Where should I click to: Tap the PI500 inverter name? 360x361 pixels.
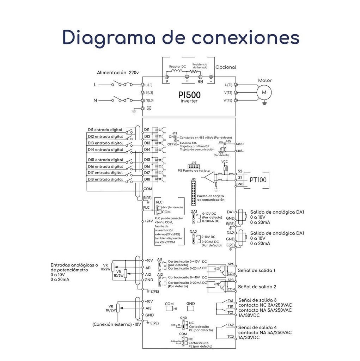[189, 95]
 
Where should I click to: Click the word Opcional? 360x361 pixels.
[226, 67]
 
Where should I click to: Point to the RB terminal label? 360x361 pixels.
[200, 81]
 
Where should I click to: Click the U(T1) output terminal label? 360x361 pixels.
[228, 85]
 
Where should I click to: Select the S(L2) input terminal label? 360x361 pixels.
[149, 92]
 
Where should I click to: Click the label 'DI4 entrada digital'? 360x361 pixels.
[105, 149]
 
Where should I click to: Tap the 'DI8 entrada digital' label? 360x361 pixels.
[105, 179]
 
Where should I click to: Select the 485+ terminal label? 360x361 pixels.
[241, 144]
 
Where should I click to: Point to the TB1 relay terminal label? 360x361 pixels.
[230, 306]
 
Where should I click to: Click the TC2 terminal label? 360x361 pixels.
[231, 337]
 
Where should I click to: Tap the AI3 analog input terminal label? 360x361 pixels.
[148, 308]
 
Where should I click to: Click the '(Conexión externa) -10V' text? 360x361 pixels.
[117, 324]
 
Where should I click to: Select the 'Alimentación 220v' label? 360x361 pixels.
[118, 73]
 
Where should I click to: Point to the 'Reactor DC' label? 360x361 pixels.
[177, 66]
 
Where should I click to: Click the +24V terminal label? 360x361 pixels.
[149, 221]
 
